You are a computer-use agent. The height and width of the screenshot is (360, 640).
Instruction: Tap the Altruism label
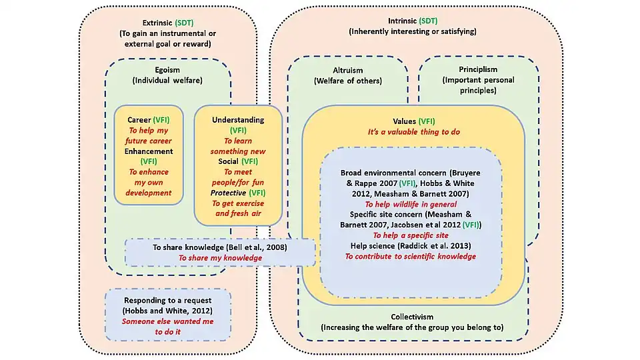(347, 70)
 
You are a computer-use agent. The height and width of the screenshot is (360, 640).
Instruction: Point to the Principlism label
(478, 69)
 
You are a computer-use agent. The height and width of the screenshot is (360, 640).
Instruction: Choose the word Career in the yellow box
(139, 120)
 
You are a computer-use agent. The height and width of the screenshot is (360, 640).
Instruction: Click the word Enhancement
(149, 151)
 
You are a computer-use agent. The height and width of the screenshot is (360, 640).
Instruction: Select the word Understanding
(238, 120)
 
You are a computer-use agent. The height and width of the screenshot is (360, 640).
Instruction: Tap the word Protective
(228, 193)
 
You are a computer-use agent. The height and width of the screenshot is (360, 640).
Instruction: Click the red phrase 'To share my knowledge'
(219, 258)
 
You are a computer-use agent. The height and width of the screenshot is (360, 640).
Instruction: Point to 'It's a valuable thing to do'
(413, 132)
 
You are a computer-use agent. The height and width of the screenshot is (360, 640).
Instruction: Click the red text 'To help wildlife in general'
(410, 204)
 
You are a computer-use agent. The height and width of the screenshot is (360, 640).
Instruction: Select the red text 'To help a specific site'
(410, 235)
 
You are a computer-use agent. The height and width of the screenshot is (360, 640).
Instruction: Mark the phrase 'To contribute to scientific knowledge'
(410, 256)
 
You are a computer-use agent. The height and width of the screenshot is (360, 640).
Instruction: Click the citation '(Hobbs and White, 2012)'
(167, 311)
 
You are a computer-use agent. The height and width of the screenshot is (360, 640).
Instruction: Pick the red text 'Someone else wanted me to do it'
(167, 325)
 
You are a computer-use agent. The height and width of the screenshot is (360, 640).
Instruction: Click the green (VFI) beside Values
(426, 121)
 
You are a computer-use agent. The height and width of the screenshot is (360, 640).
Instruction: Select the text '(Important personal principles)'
(478, 85)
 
